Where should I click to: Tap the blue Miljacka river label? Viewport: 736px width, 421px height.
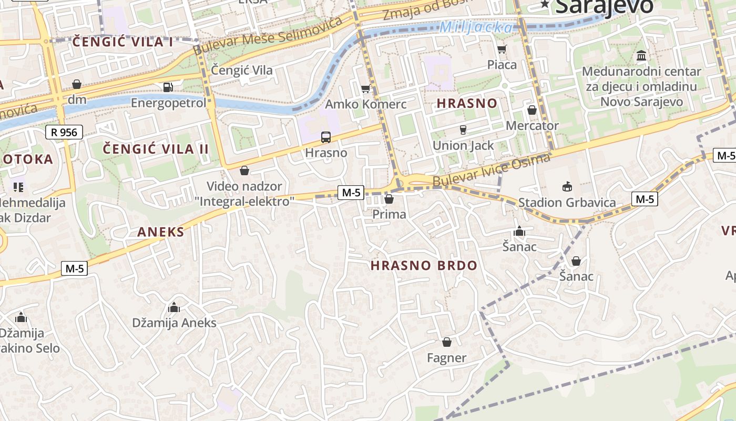point(475,27)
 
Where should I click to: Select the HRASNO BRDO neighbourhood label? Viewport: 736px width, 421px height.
point(424,266)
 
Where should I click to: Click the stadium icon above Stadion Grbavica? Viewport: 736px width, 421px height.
point(567,187)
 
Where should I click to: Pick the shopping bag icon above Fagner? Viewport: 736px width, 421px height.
point(447,343)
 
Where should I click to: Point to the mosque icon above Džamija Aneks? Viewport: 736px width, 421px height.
point(174,307)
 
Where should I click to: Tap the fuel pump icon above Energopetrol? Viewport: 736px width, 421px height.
point(168,87)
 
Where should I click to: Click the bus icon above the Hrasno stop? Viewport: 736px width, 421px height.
point(326,137)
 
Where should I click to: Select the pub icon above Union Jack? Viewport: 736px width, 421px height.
point(463,129)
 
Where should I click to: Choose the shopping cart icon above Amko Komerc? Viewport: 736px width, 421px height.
point(365,88)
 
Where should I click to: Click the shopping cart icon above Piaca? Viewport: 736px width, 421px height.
point(502,49)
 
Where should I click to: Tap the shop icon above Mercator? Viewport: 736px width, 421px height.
point(532,110)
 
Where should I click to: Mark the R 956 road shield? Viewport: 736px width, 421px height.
point(64,132)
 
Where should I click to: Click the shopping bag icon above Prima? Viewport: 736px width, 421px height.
point(389,199)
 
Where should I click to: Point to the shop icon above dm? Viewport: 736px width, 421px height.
point(77,84)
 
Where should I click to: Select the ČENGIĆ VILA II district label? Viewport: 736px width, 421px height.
point(156,149)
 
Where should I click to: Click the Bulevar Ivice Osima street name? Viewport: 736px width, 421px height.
point(491,169)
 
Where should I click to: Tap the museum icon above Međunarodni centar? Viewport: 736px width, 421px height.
point(641,56)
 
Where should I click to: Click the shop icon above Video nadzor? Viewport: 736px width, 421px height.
point(244,171)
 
